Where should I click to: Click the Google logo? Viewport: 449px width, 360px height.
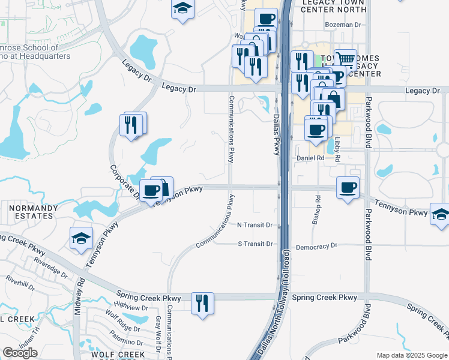(20, 353)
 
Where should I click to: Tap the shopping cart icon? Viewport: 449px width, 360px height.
(345, 59)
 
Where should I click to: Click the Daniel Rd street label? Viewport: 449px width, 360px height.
(310, 158)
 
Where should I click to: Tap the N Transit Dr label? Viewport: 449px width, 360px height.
(255, 225)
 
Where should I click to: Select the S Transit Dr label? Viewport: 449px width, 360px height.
(255, 244)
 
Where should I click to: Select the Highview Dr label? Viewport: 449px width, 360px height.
(131, 307)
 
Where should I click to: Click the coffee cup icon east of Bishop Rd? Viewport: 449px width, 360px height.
(348, 187)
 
